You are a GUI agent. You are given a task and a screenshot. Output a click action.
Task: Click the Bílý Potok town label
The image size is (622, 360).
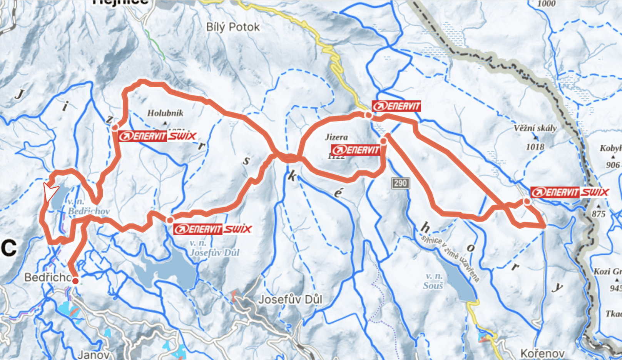point(233,27)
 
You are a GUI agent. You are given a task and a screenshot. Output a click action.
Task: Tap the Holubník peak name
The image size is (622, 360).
point(165,113)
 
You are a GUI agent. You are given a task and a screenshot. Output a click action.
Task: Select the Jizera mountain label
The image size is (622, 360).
point(336,137)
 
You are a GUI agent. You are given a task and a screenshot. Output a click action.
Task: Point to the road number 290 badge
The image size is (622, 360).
point(400,183)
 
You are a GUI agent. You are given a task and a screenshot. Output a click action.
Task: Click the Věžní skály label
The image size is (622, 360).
point(535,128)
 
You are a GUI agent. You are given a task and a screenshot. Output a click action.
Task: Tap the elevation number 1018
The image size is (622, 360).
point(535,147)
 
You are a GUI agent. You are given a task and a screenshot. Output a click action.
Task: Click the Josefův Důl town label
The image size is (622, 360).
point(290,299)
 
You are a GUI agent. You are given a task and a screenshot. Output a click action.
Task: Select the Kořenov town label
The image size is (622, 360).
point(542,353)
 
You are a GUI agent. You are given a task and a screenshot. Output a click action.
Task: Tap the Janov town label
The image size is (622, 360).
point(94,354)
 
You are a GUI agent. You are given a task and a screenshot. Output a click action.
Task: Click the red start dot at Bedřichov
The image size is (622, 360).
point(75,281)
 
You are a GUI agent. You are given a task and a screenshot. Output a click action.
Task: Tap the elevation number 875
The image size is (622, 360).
point(599,214)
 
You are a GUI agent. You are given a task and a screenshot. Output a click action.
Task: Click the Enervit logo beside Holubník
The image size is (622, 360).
point(142,136)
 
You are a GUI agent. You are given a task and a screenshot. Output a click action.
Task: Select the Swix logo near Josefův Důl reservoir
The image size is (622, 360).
point(238,229)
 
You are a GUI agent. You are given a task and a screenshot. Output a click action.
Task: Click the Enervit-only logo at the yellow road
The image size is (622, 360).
point(396,106)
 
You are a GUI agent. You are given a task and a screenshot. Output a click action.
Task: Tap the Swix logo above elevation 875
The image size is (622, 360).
point(595,192)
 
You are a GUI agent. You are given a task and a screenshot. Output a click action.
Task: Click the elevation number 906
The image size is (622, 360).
point(613,165)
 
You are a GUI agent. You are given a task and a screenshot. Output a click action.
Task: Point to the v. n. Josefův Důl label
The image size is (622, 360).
point(214,248)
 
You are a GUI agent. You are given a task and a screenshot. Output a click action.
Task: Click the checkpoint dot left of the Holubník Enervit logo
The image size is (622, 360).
point(115,127)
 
